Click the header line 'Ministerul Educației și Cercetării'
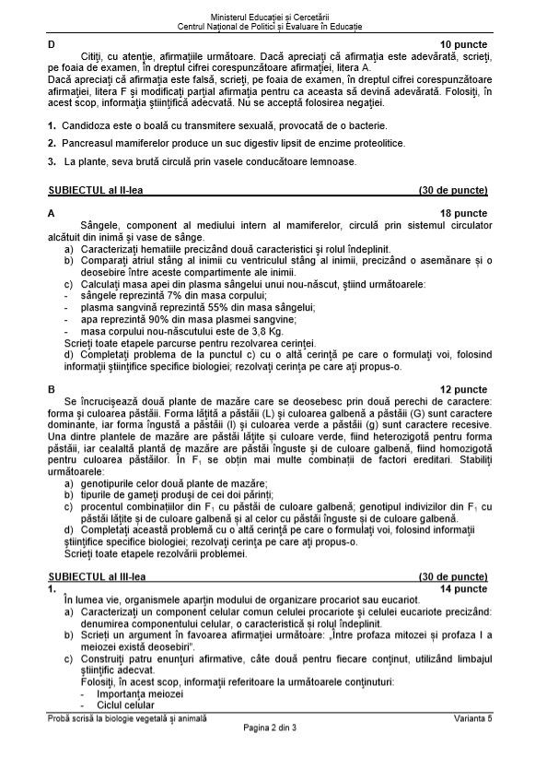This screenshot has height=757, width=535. click(267, 8)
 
